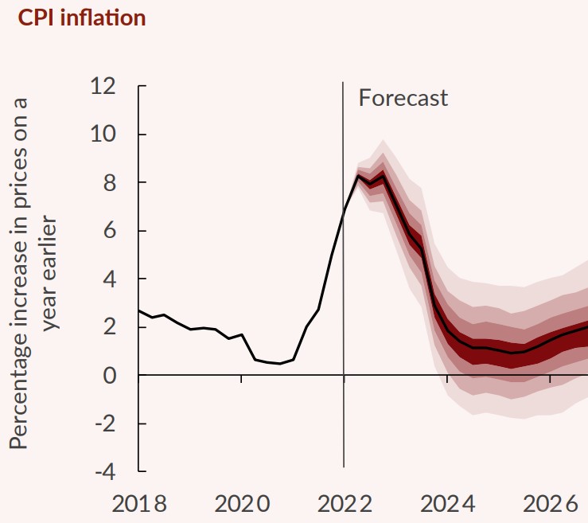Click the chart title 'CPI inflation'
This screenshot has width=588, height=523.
click(82, 18)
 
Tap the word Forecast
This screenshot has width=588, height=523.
click(403, 98)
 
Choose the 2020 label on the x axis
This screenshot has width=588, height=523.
click(241, 504)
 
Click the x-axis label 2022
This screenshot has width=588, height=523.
click(344, 504)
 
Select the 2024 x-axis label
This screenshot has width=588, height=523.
click(447, 504)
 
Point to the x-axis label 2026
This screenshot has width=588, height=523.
click(550, 504)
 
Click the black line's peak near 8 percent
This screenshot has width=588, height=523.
click(358, 176)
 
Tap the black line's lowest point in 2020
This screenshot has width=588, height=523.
click(279, 364)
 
